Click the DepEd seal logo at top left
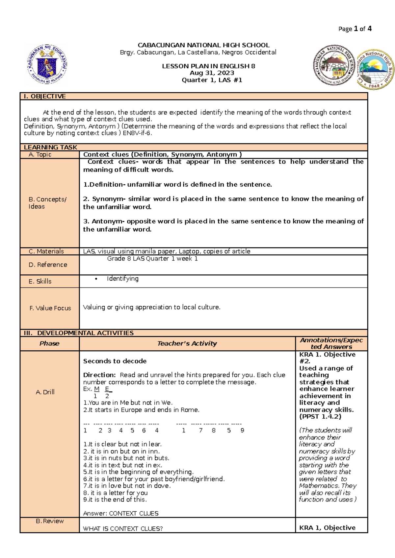tap(47, 64)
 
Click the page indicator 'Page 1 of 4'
tap(355, 29)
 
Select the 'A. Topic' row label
tap(40, 154)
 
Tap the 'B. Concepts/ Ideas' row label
tap(47, 203)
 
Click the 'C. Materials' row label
tap(46, 251)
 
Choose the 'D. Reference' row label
tap(48, 265)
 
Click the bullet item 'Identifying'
tap(122, 279)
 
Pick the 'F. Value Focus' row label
tap(50, 308)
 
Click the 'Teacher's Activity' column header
tap(187, 343)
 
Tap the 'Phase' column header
tap(49, 343)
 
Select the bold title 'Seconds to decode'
tap(115, 361)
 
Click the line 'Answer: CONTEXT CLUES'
tap(120, 513)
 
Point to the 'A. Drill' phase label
tap(45, 392)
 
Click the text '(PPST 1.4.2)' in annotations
tap(320, 416)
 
